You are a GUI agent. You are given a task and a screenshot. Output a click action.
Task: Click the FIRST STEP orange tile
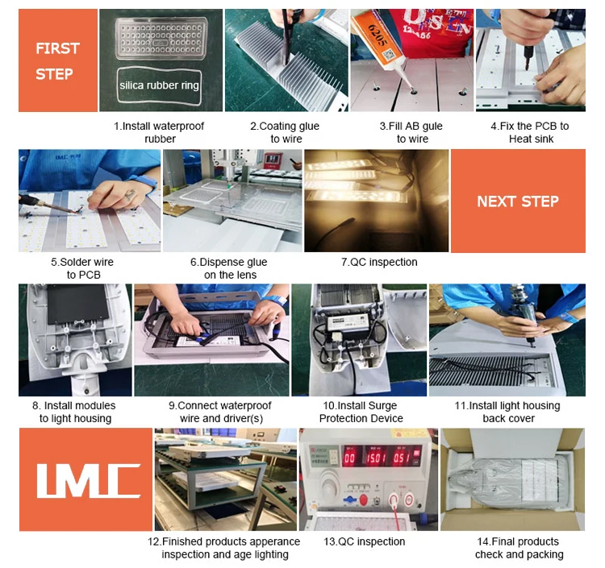[x=58, y=60]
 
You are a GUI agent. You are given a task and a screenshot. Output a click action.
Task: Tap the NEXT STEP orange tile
[x=518, y=201]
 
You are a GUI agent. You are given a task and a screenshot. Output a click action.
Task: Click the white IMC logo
[x=89, y=480]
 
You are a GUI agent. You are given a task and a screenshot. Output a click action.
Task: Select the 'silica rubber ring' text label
[x=159, y=85]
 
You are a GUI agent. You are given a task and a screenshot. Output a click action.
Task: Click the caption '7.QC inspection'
[x=379, y=262]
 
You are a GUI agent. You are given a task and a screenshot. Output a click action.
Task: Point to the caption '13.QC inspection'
[x=365, y=541]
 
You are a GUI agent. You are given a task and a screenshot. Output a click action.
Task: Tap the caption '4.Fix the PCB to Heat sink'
[x=530, y=132]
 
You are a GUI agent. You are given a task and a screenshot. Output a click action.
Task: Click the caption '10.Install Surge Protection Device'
[x=361, y=412]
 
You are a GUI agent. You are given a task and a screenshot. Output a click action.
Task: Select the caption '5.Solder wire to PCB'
[x=82, y=268]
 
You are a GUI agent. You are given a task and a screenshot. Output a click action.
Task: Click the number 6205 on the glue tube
[x=378, y=35]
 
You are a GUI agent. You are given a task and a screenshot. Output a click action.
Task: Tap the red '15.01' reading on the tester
[x=376, y=458]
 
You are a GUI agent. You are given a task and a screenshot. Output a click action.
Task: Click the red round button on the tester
[x=363, y=500]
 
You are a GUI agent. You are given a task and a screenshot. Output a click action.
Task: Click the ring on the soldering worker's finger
[x=130, y=195]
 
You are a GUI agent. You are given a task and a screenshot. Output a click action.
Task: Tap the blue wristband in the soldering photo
[x=144, y=180]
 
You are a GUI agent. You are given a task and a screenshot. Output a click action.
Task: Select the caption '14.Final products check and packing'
[x=519, y=548]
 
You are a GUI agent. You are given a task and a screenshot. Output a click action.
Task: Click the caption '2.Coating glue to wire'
[x=285, y=132]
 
